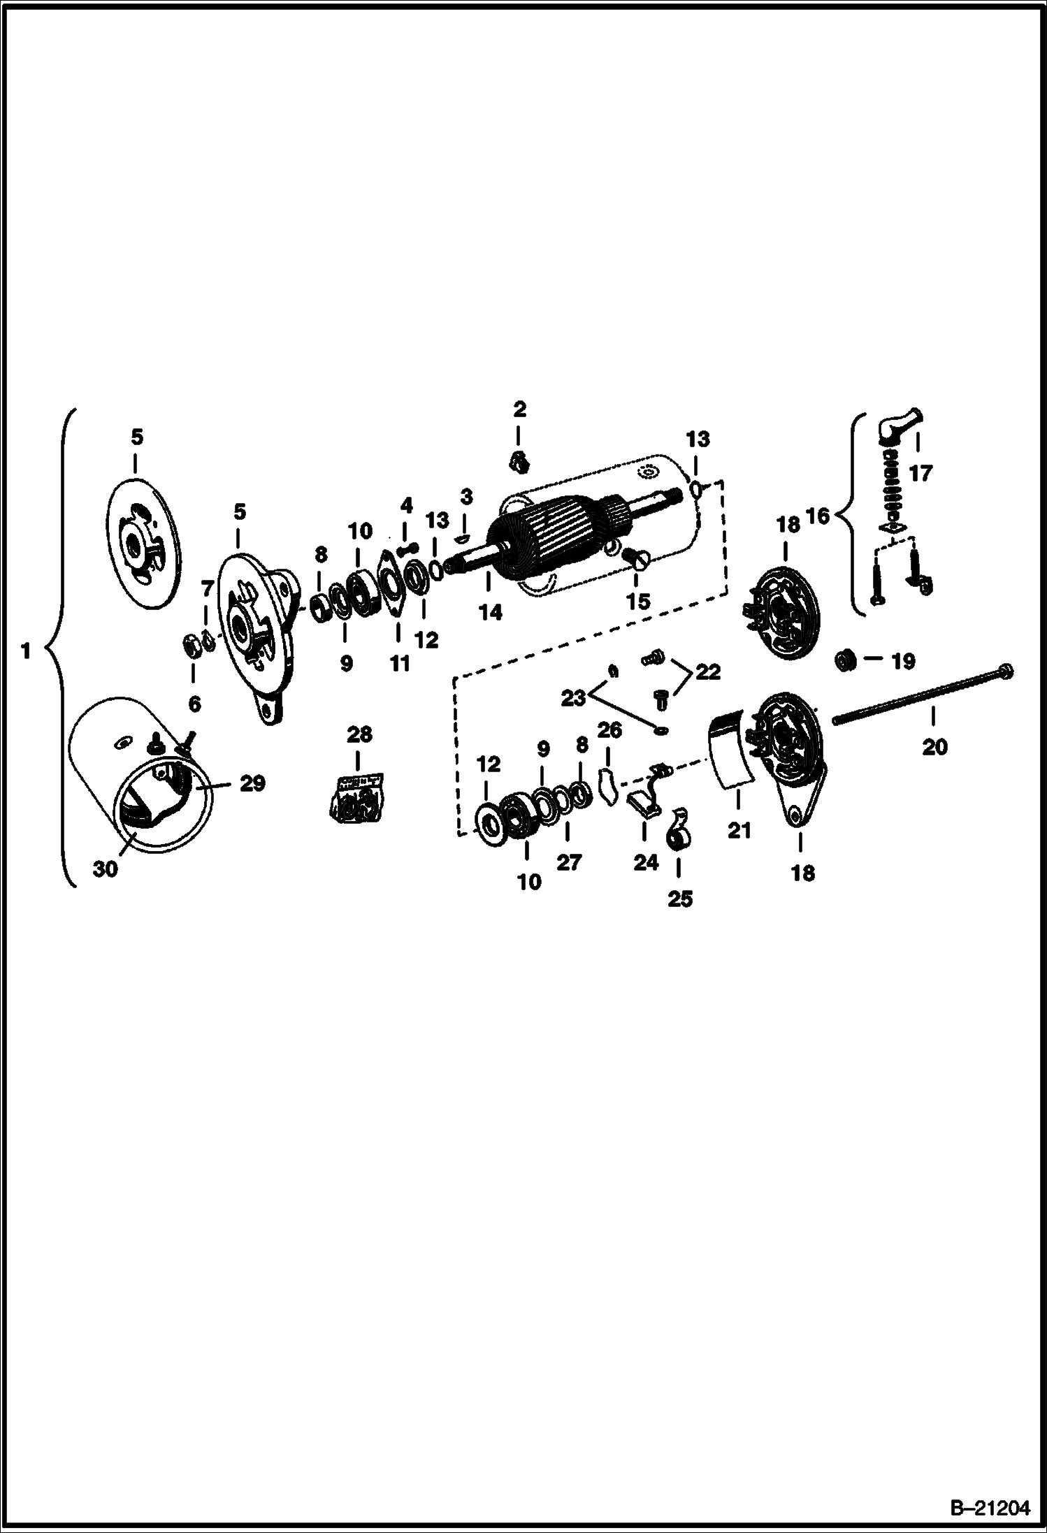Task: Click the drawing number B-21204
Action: pos(992,1506)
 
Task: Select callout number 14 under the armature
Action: pos(490,612)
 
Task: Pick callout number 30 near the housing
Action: pos(105,870)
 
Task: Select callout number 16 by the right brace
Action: pos(817,516)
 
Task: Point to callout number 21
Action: pos(739,830)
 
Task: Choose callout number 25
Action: pos(679,899)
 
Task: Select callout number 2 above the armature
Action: pos(519,409)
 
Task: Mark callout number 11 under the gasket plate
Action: pos(399,662)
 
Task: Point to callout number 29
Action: pos(252,784)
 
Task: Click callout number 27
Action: pos(569,862)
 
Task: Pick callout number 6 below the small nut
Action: pos(194,704)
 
